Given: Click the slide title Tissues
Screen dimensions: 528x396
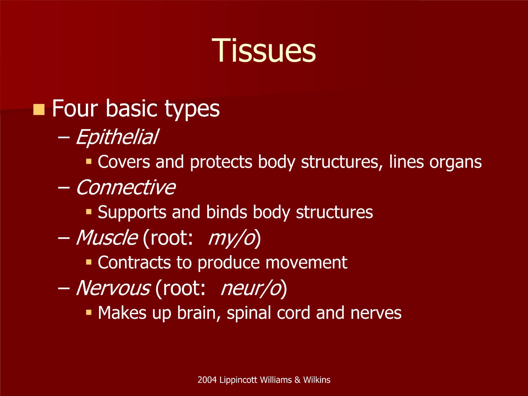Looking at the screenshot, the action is pos(264,50).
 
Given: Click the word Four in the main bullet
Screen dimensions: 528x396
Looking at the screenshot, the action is pos(75,108).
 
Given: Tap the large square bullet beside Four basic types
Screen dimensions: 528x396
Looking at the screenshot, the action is pos(39,110).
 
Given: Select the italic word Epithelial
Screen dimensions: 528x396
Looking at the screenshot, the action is pos(117,137).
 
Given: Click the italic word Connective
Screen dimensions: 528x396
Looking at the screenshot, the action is pos(126,187).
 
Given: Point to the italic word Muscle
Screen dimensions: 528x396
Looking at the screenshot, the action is pos(107,237).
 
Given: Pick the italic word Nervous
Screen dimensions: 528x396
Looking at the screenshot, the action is pos(113,288).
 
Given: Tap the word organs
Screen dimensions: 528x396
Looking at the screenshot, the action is pos(456,163).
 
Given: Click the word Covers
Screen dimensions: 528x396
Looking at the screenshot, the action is pos(124,162).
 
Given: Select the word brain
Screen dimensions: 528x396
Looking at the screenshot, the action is pos(199,313).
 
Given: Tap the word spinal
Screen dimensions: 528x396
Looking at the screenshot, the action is pos(249,313).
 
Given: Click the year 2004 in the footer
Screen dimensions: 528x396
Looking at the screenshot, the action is pos(207,380).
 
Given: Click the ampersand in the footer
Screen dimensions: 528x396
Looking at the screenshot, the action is pos(297,380).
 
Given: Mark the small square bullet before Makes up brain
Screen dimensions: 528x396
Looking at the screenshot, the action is pos(89,312).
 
